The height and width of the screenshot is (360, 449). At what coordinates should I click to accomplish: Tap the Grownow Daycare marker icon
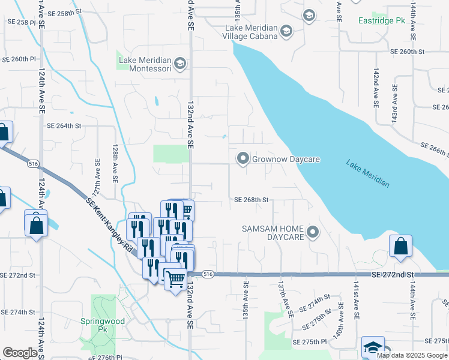(x=243, y=159)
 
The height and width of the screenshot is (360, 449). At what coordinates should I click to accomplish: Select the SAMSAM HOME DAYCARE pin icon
(x=312, y=232)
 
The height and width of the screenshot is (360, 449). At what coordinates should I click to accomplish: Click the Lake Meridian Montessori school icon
(x=179, y=64)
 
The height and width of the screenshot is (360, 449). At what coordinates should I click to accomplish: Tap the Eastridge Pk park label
(x=382, y=21)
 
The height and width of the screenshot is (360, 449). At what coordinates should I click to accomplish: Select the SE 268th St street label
(x=250, y=200)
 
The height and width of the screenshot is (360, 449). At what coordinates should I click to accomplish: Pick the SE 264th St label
(x=64, y=126)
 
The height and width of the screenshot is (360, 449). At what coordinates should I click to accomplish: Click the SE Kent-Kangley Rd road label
(x=112, y=224)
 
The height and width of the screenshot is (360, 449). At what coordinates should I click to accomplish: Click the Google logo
(x=20, y=353)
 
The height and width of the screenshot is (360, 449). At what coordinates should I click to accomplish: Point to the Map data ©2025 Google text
(x=412, y=355)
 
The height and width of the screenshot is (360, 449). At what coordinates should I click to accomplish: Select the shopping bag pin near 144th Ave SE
(x=400, y=246)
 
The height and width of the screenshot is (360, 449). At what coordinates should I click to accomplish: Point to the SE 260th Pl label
(x=20, y=59)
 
